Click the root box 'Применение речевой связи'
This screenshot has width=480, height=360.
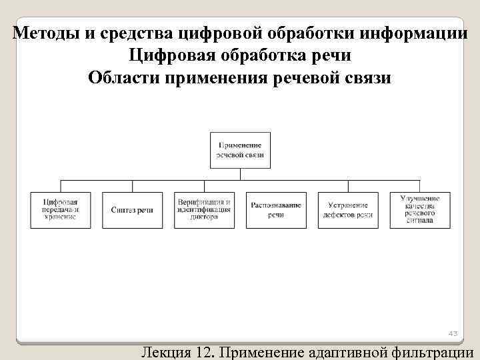tap(240, 149)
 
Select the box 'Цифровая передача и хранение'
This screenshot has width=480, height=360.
tap(61, 210)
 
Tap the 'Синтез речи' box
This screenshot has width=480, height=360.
tap(132, 210)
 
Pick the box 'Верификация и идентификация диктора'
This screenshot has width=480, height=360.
tap(204, 210)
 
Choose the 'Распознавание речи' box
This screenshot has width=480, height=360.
tap(276, 210)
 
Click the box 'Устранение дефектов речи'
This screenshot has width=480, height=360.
tap(347, 210)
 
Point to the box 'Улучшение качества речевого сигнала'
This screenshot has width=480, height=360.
tap(419, 210)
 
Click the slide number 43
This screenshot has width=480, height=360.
tap(453, 333)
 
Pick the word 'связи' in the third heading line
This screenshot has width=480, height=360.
tap(366, 78)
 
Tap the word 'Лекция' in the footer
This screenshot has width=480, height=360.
tap(167, 351)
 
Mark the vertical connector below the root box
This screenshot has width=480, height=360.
tap(240, 173)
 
